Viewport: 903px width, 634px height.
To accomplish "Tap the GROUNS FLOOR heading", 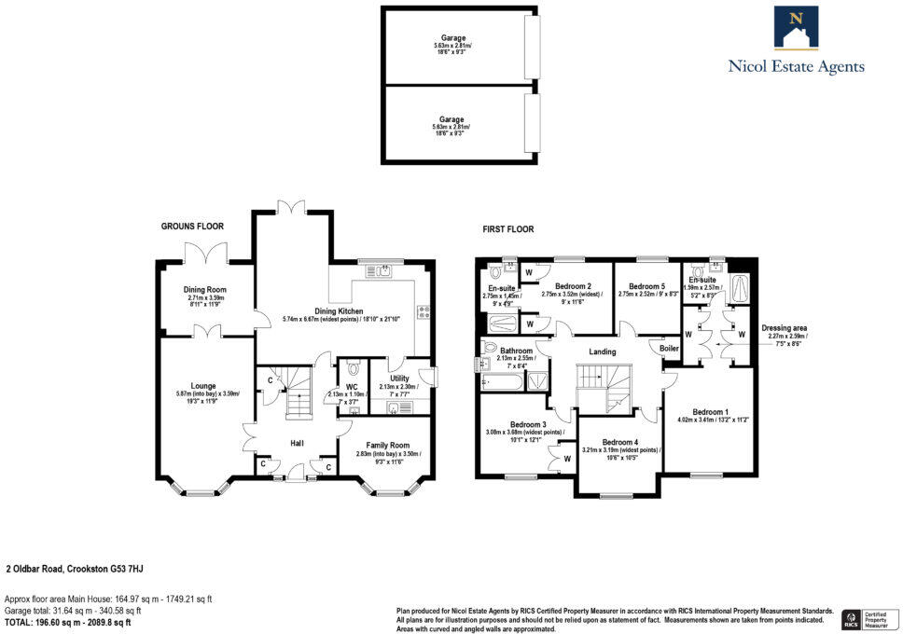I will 192,227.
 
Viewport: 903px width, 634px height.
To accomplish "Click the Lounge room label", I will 203,385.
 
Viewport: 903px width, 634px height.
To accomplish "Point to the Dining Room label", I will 204,290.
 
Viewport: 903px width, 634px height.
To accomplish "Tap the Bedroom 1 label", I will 710,411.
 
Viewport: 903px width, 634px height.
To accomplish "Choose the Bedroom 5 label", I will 647,286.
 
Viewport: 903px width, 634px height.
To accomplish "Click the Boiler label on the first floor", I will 670,349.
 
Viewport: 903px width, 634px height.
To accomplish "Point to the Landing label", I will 602,351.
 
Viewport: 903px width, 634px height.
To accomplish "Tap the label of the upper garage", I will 453,38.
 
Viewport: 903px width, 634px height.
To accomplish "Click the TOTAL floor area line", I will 68,622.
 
